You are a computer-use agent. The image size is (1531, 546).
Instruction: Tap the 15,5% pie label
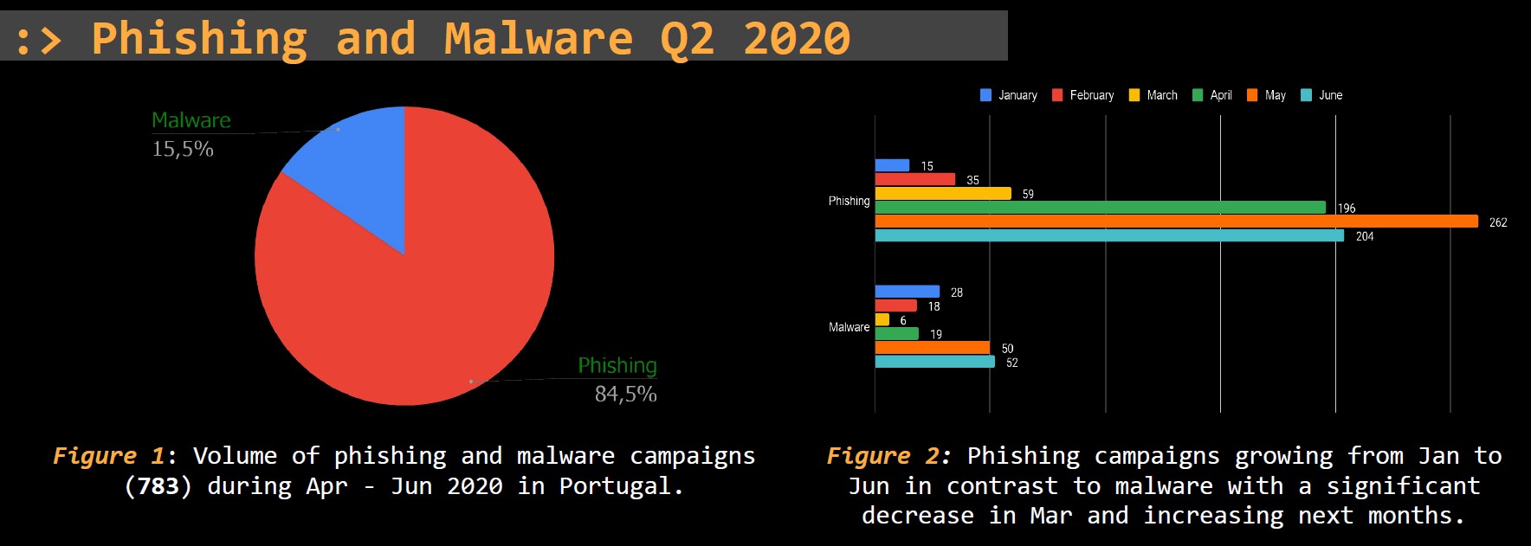tap(183, 149)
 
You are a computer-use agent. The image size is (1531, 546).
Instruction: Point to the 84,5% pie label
tap(625, 394)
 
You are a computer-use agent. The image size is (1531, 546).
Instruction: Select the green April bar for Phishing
tap(1100, 208)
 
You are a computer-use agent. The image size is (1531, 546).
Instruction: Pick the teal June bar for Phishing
tap(1109, 235)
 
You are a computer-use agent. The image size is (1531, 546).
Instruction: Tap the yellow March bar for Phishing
tap(943, 194)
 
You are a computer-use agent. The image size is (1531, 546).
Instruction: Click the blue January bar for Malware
tap(907, 292)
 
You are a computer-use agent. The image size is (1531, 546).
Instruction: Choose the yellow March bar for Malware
tap(882, 319)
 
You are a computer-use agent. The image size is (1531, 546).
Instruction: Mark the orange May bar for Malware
tap(932, 348)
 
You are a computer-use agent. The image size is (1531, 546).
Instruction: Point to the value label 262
tap(1498, 222)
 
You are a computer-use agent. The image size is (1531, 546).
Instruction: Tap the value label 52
tap(1011, 363)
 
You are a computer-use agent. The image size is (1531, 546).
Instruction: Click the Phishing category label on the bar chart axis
tap(849, 201)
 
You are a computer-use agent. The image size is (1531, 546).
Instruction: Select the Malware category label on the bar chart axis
tap(849, 327)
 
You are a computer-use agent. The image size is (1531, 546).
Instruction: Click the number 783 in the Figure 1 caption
tap(158, 486)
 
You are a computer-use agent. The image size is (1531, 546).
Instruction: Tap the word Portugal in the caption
tap(615, 486)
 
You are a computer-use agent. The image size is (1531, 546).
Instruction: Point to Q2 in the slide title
tap(688, 38)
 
